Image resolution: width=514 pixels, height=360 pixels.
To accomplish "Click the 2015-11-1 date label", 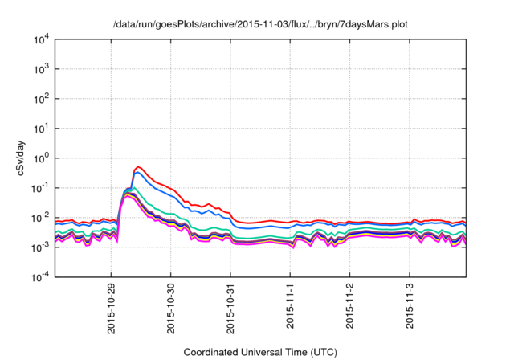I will coord(290,303).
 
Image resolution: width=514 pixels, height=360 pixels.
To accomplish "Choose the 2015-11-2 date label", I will coord(350,303).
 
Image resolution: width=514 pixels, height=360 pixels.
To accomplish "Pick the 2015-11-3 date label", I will coord(410,303).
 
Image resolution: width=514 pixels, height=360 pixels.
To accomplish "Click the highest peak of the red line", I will coord(139,167).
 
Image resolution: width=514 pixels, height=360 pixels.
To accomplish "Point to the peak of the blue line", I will coord(139,173).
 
